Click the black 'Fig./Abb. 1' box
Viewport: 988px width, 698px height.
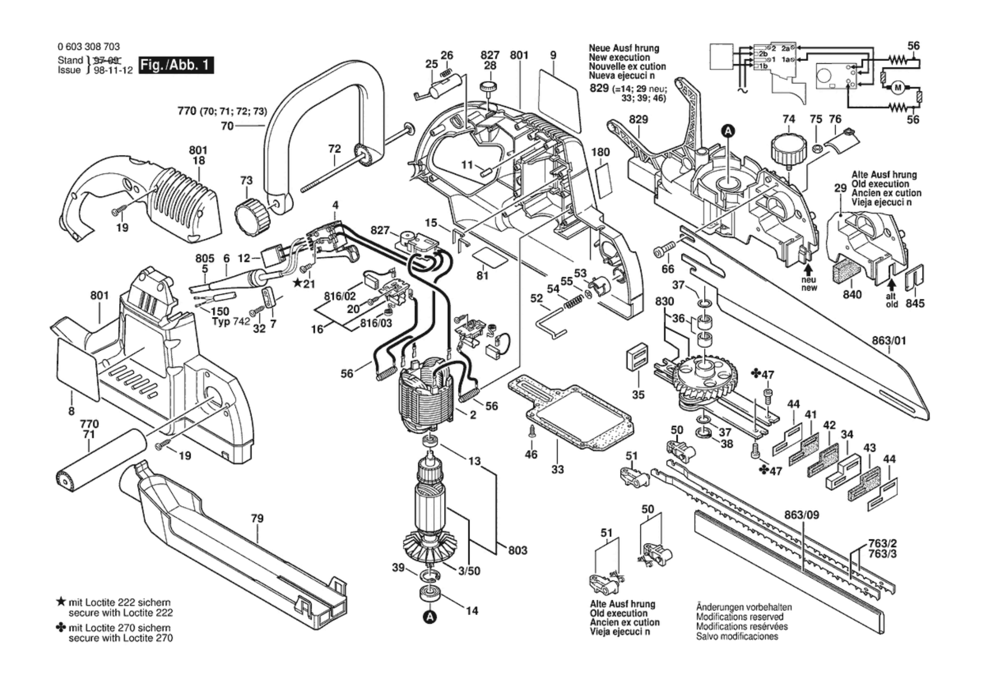(x=176, y=65)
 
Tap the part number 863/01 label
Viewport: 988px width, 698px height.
(x=888, y=341)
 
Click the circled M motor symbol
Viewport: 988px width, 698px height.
(x=898, y=88)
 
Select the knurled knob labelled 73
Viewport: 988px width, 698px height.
(x=251, y=216)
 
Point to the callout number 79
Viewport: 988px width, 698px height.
(x=257, y=519)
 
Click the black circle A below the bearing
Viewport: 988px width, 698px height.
(x=430, y=617)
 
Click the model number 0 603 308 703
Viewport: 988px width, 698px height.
(x=89, y=47)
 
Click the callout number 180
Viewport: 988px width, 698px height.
(x=600, y=152)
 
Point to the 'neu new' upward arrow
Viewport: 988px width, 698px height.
(x=808, y=269)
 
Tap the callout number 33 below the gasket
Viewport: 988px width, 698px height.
(x=557, y=470)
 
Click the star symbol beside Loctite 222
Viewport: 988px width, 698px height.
(x=61, y=602)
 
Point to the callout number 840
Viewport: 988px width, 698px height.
(x=852, y=294)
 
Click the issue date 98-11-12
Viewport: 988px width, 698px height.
(x=113, y=70)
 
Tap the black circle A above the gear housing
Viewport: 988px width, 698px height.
(x=728, y=131)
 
